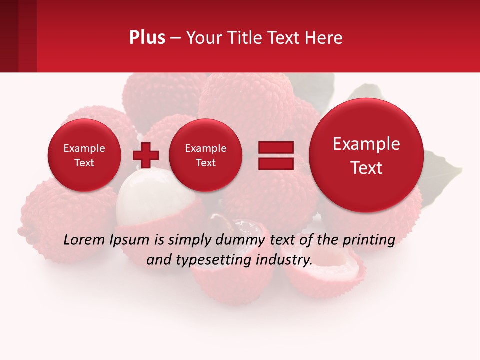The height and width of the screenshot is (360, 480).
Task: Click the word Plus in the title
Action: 147,38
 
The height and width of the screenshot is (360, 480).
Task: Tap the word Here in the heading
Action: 324,38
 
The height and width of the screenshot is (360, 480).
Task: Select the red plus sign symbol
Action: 146,155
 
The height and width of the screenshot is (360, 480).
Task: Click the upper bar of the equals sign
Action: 276,147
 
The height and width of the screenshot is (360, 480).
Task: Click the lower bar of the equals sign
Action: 276,163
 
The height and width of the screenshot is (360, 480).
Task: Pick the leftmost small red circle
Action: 84,155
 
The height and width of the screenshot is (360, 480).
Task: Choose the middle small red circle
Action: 205,155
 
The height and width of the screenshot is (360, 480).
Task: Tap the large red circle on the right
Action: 366,155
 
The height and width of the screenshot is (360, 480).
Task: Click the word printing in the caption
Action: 369,240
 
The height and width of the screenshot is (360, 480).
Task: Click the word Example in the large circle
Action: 366,144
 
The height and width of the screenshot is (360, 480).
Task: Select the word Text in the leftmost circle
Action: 84,163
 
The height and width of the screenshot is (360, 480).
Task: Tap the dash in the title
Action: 175,38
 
